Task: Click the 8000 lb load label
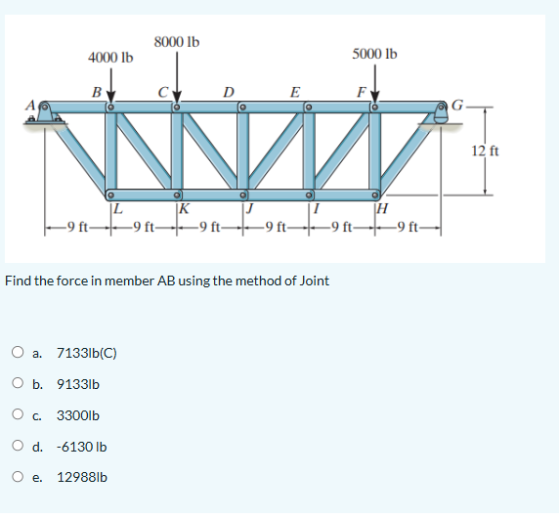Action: click(x=177, y=41)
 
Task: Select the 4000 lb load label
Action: click(x=109, y=57)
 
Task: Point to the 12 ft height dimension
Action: click(x=486, y=151)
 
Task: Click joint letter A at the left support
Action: click(x=29, y=104)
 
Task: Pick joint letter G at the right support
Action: click(x=470, y=103)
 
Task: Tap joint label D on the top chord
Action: click(x=228, y=92)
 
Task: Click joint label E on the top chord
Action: click(x=295, y=92)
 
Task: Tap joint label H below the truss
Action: click(x=382, y=205)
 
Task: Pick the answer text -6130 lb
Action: click(x=82, y=447)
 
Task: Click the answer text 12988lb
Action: click(x=83, y=478)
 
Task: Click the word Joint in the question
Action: click(x=311, y=281)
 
